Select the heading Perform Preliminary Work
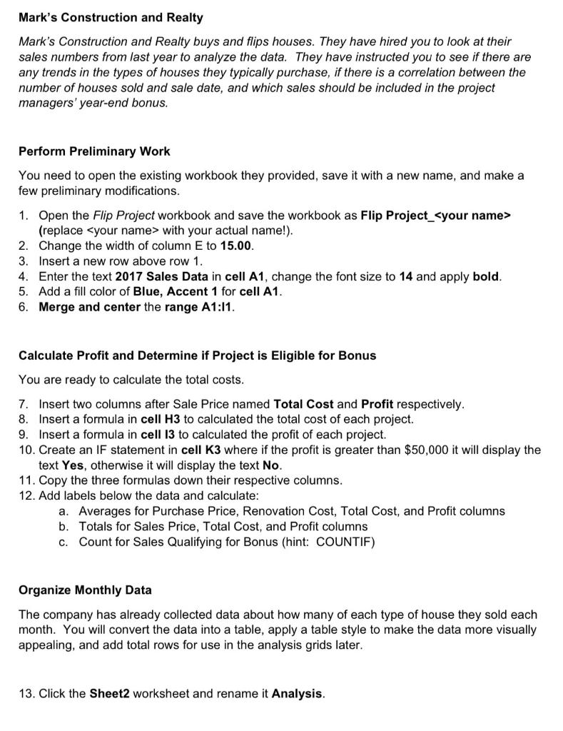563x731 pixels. point(94,151)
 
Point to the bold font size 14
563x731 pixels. point(406,276)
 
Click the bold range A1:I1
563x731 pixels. point(213,307)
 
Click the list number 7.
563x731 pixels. point(24,404)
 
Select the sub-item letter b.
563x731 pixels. point(64,526)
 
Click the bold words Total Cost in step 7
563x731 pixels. point(303,404)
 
